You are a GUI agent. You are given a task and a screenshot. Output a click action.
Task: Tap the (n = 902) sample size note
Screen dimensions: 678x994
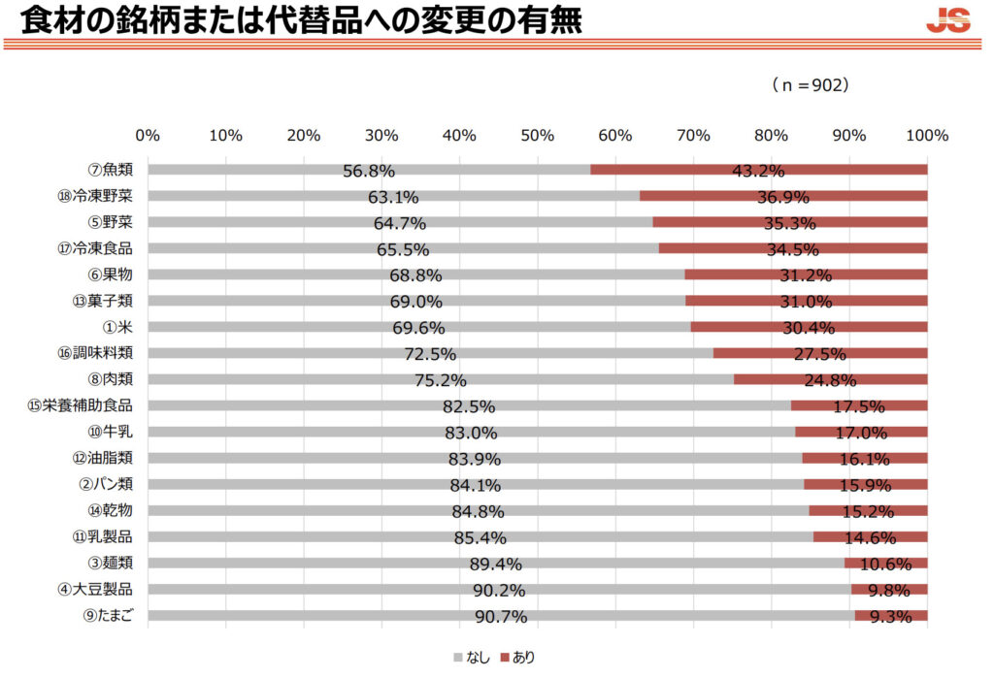click(811, 85)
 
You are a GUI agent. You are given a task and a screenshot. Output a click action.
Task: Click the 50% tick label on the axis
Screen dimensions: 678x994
click(538, 136)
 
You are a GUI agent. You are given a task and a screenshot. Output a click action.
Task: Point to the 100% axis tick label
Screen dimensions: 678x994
click(926, 136)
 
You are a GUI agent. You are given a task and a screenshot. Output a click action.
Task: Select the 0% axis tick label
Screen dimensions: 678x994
click(148, 136)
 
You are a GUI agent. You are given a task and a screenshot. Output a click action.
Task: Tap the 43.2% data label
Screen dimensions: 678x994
click(758, 172)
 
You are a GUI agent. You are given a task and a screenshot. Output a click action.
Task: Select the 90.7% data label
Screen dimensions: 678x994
click(501, 617)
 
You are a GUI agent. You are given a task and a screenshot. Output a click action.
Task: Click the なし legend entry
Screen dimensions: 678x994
click(472, 658)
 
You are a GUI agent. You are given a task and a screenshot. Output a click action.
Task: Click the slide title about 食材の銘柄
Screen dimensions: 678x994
click(292, 19)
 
